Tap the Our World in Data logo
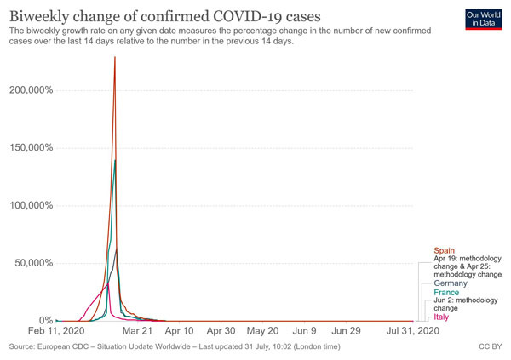tap(483, 20)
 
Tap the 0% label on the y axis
tap(46, 320)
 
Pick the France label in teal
tap(446, 292)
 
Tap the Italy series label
tap(441, 317)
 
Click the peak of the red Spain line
tap(115, 57)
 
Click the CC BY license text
tap(490, 347)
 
